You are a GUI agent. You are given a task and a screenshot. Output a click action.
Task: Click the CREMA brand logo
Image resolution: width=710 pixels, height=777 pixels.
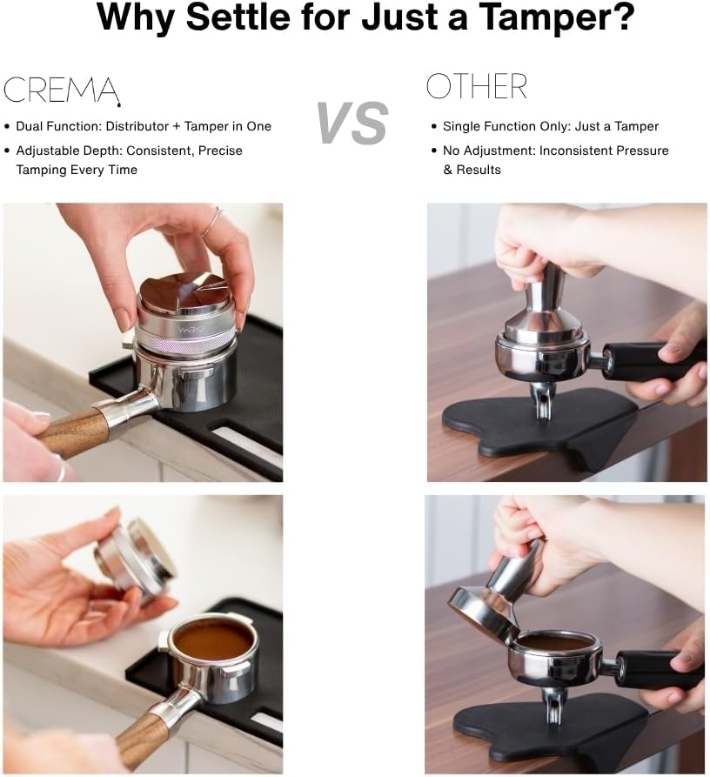[x=60, y=89]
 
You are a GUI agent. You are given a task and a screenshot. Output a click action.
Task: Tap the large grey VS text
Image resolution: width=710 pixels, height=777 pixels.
[x=352, y=123]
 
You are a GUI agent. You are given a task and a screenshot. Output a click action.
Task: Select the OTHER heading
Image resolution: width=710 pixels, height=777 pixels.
[x=476, y=87]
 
